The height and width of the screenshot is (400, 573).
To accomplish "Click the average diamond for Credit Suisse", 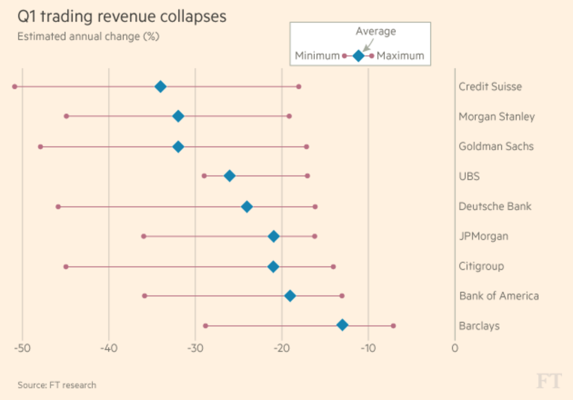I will [161, 87].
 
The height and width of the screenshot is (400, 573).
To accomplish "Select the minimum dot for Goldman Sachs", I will [40, 147].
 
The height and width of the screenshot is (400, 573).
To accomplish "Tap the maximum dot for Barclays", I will [393, 326].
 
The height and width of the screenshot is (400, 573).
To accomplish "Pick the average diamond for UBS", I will [230, 176].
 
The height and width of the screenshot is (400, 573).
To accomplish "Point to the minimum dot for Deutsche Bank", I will [58, 207].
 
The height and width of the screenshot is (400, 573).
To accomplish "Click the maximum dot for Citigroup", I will [333, 267].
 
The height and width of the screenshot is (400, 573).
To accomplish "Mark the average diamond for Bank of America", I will [290, 296].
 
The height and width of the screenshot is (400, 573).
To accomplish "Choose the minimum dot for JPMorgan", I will [144, 236].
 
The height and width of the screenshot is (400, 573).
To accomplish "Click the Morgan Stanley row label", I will [497, 117].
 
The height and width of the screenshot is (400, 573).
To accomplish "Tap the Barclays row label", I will [479, 326].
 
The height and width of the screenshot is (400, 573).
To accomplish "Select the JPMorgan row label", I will [483, 236].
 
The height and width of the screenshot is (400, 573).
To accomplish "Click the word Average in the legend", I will [376, 31].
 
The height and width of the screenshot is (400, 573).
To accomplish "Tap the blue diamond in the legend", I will [358, 56].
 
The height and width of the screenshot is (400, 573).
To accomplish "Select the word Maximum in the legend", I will [400, 56].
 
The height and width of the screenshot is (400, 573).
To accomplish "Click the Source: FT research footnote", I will [57, 385].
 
